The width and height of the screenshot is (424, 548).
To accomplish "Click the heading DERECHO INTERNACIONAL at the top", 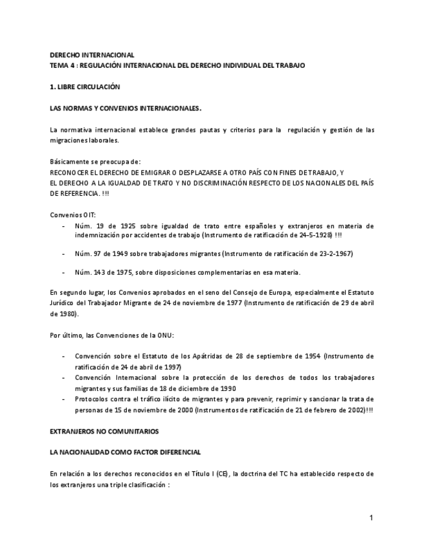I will [92, 56].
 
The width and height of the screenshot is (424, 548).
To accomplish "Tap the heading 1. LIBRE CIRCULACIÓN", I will [85, 87].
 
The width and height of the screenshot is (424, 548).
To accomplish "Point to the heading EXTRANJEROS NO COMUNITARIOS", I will [104, 431].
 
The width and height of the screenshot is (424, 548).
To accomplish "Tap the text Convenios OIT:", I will [72, 215].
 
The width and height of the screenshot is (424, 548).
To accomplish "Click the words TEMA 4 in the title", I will [62, 66].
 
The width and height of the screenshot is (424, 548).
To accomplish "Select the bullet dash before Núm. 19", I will [63, 226].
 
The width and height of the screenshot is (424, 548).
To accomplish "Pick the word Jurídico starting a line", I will [61, 303].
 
